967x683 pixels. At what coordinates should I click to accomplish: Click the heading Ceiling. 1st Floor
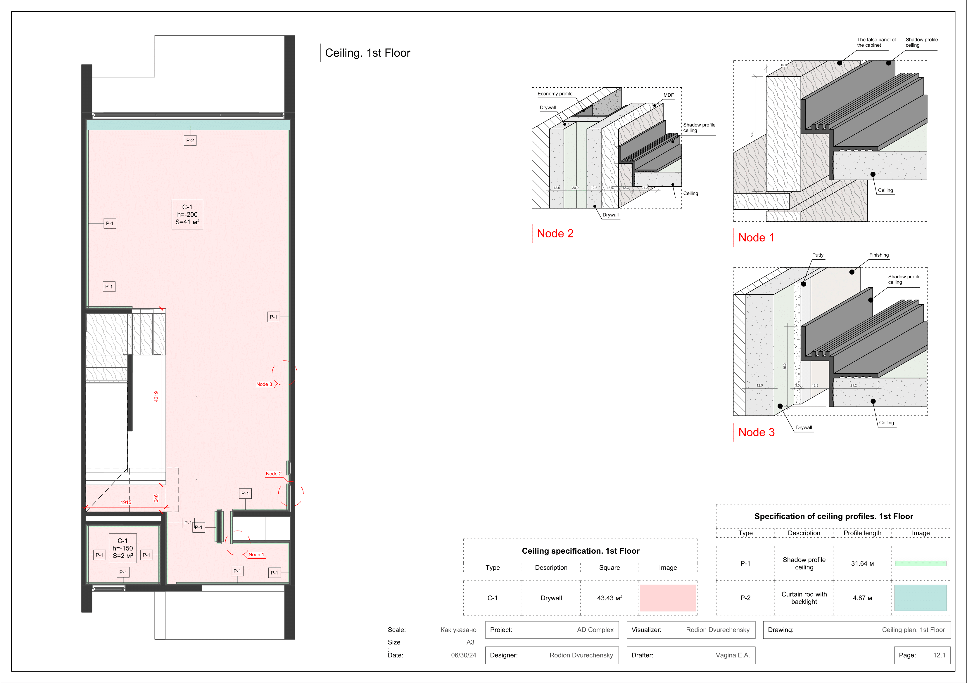tap(367, 53)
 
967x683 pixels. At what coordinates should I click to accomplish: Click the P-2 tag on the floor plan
tap(190, 140)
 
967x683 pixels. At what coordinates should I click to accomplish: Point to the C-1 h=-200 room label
tap(187, 215)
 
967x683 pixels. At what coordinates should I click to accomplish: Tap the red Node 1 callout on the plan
tap(256, 555)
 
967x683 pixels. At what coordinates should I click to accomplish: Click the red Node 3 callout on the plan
tap(264, 384)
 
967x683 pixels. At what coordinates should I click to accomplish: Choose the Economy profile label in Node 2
tap(555, 94)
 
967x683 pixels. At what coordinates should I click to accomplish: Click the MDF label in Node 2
tap(668, 95)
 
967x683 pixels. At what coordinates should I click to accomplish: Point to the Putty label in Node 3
tap(818, 255)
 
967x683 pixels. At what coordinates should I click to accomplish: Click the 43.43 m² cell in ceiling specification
tap(609, 598)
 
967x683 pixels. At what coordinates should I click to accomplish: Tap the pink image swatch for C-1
tap(668, 598)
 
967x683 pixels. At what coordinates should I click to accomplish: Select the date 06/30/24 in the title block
tap(463, 655)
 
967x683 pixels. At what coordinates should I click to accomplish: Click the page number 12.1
tap(939, 655)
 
